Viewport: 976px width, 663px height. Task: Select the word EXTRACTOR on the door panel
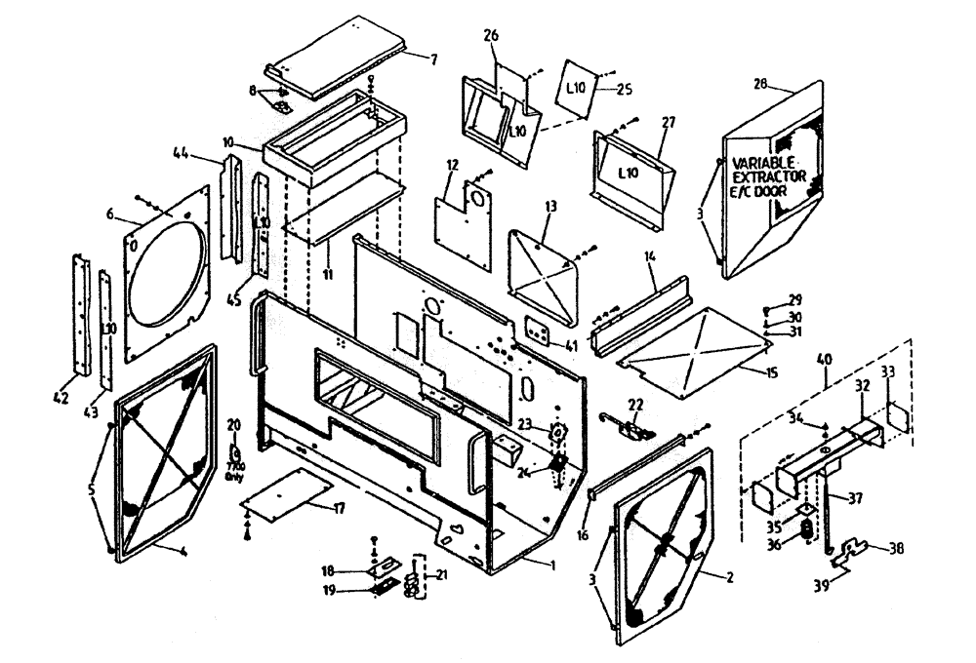[770, 176]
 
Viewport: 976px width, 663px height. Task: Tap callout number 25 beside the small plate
[625, 90]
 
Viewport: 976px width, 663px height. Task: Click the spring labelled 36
[807, 531]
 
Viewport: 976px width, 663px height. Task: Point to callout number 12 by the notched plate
[452, 177]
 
